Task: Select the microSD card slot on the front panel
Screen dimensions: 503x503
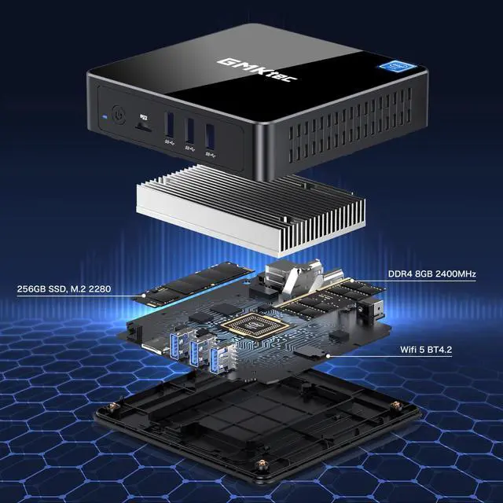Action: pos(142,123)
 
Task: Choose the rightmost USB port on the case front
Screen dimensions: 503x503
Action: pos(208,136)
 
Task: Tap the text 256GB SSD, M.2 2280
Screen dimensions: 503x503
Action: pos(64,289)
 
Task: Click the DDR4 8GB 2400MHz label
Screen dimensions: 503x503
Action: pos(432,274)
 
